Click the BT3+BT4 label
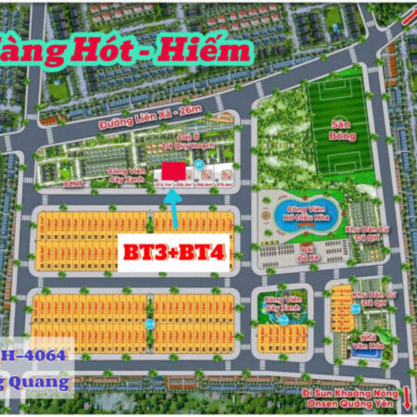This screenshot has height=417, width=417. coord(174,252)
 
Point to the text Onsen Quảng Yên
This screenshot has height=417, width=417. coord(351,404)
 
